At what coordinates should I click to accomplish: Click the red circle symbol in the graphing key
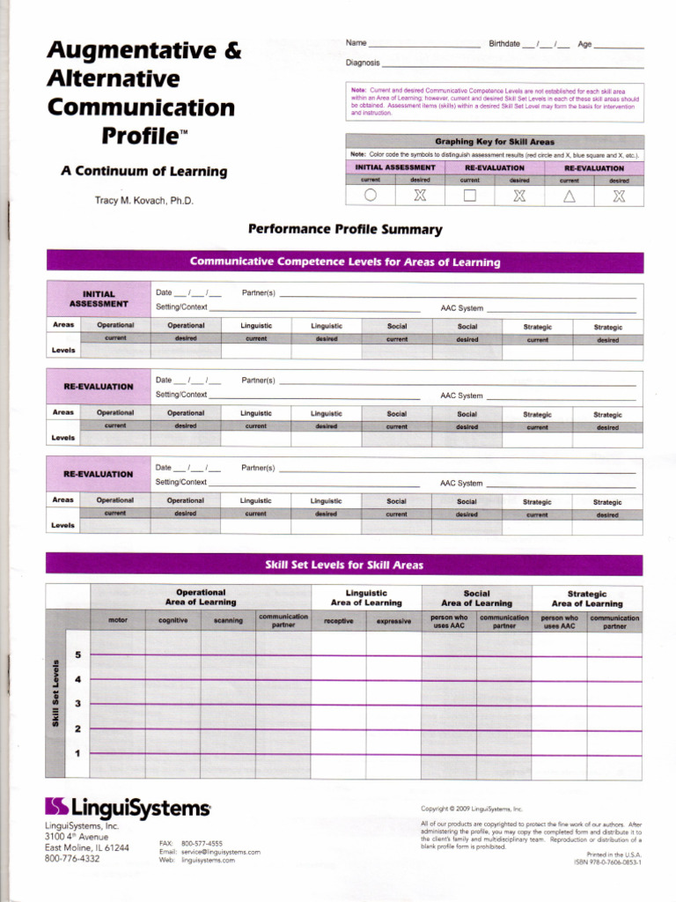click(371, 196)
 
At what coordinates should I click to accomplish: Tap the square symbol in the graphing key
click(470, 196)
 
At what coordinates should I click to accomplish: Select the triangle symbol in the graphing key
click(569, 196)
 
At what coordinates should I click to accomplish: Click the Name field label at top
click(356, 43)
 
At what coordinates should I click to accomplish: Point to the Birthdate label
click(504, 43)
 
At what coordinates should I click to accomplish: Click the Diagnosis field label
click(363, 63)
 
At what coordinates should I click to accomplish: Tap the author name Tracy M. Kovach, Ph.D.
click(143, 201)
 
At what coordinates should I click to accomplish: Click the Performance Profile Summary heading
click(345, 230)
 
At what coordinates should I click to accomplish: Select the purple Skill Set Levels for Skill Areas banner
click(344, 565)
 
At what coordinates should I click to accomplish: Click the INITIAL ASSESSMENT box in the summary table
click(99, 299)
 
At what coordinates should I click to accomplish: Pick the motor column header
click(118, 621)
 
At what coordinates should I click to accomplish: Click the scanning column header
click(228, 621)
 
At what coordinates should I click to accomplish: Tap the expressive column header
click(393, 621)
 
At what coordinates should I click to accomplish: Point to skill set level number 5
click(77, 655)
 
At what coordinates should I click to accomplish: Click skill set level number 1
click(77, 753)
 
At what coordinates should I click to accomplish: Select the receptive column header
click(339, 621)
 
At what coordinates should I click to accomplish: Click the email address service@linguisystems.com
click(221, 852)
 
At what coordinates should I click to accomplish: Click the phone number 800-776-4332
click(72, 859)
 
